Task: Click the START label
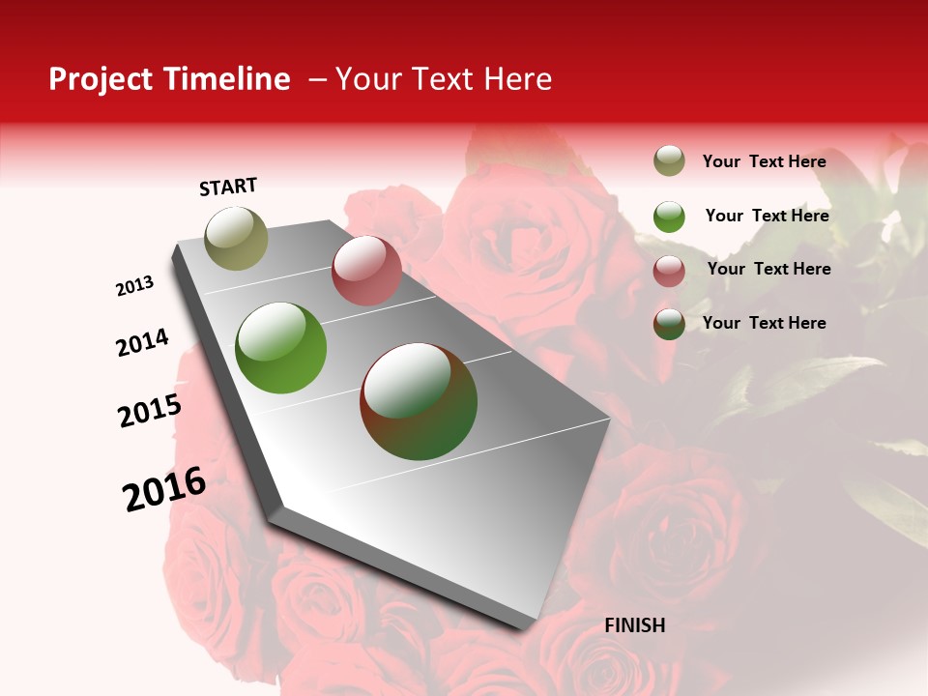pos(228,187)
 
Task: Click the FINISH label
pos(634,625)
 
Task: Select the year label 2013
pos(135,286)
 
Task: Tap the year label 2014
pos(142,342)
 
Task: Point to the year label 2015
pos(150,411)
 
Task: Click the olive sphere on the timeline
pos(236,238)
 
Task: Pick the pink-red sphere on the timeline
pos(366,271)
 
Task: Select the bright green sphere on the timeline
pos(280,348)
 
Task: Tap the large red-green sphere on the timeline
pos(419,401)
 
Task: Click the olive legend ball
pos(669,161)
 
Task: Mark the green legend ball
pos(669,217)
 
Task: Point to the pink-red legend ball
pos(669,271)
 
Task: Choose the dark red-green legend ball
pos(669,325)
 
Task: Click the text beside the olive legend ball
pos(764,161)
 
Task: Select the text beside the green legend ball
pos(767,216)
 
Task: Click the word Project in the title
pos(101,79)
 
